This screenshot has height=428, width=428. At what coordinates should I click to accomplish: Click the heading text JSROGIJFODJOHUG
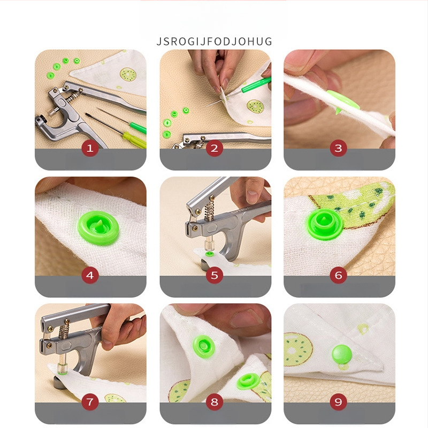(x=215, y=42)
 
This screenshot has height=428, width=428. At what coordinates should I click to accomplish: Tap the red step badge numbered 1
(x=90, y=148)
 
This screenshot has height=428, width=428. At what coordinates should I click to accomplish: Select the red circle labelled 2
(x=215, y=148)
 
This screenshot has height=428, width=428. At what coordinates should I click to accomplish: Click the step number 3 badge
(x=339, y=148)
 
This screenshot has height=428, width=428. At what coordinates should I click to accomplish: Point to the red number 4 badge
(x=90, y=275)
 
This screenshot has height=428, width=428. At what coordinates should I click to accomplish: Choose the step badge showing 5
(x=215, y=275)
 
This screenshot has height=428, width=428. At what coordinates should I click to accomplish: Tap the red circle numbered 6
(x=339, y=275)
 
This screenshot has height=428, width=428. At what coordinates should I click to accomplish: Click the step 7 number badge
(x=90, y=402)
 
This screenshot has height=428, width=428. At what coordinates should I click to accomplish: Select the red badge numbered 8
(x=215, y=402)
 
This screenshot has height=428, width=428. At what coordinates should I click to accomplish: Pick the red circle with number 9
(x=339, y=402)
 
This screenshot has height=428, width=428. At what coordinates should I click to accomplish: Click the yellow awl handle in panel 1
(x=134, y=140)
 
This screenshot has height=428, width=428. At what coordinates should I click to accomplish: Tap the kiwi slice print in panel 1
(x=128, y=74)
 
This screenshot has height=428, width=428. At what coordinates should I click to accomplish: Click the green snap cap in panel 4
(x=98, y=227)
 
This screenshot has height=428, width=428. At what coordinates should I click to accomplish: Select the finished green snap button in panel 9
(x=342, y=354)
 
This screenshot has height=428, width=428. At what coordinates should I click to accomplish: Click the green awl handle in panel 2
(x=256, y=84)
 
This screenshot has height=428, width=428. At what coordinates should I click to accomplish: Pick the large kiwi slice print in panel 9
(x=297, y=349)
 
